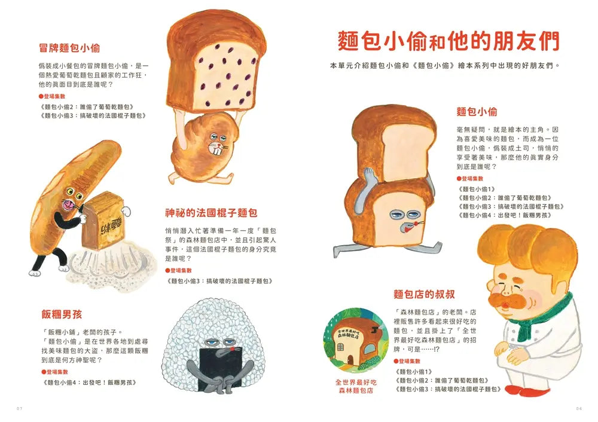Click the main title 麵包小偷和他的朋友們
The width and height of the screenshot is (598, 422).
point(448,42)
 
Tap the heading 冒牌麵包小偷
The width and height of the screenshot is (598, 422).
point(69,48)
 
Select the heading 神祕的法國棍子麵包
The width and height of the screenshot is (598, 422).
point(211,213)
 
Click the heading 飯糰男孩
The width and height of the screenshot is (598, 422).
point(60,314)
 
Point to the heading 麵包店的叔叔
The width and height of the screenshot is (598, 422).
point(424,294)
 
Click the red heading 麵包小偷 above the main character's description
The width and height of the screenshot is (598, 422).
point(477,112)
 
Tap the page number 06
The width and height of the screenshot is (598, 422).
point(578,408)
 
